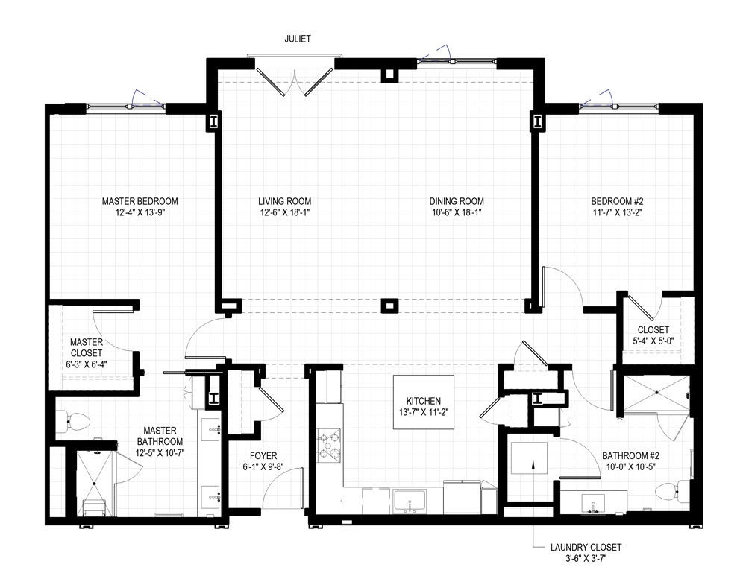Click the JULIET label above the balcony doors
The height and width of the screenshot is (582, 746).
tap(298, 39)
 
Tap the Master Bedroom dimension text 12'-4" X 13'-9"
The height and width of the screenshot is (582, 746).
tap(140, 213)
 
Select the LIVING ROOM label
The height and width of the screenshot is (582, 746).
tap(284, 201)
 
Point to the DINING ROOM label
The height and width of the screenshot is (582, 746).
tap(457, 201)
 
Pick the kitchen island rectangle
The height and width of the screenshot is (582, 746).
tap(424, 402)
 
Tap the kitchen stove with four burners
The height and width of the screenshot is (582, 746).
tap(329, 446)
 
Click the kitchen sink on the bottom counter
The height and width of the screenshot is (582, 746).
tap(410, 502)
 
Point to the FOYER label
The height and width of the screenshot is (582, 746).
tap(263, 456)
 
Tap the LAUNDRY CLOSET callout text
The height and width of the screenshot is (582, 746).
tap(586, 547)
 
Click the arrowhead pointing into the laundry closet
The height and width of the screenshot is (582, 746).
tap(533, 463)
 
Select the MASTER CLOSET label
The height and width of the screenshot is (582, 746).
tap(87, 348)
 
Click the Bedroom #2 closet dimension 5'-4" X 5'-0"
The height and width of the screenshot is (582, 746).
tap(653, 341)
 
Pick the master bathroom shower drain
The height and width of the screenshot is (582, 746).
tap(94, 484)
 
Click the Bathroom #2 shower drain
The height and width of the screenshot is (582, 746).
tap(656, 393)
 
